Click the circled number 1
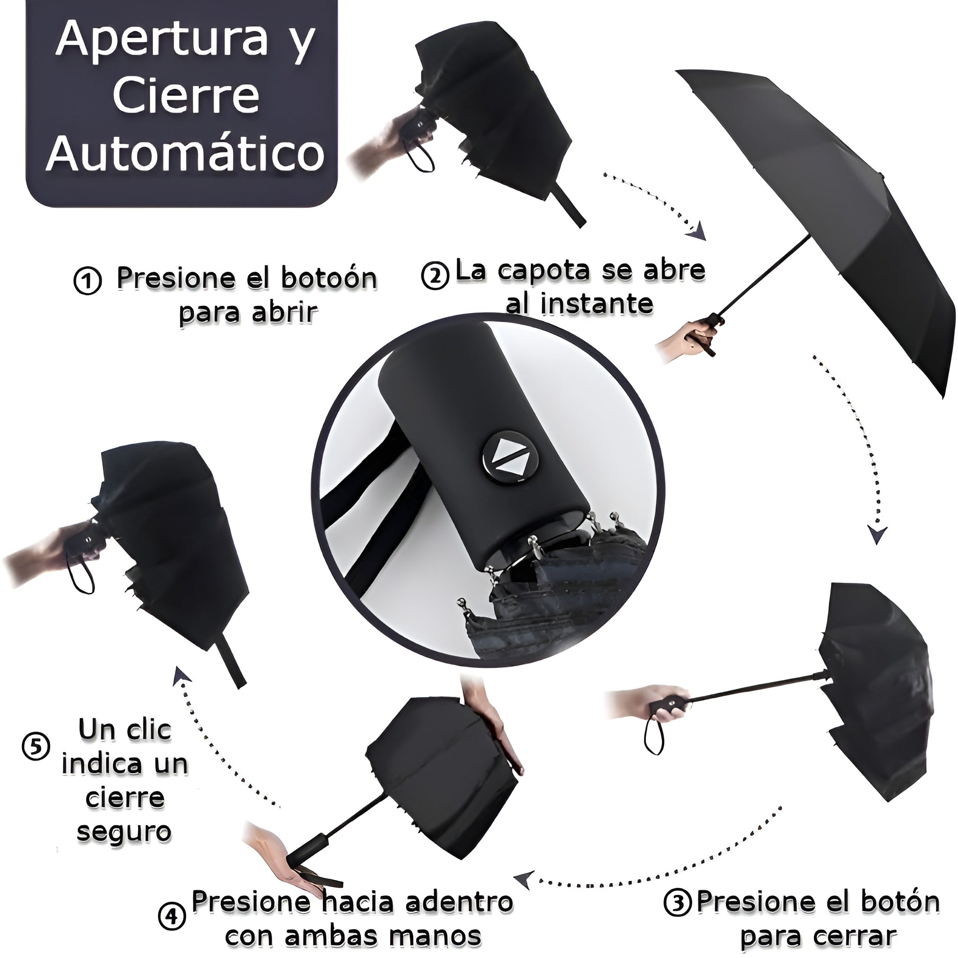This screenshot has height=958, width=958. [88, 282]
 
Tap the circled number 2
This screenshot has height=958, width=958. [435, 276]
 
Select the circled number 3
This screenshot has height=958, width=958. [678, 903]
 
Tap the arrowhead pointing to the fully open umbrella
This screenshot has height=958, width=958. [696, 230]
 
